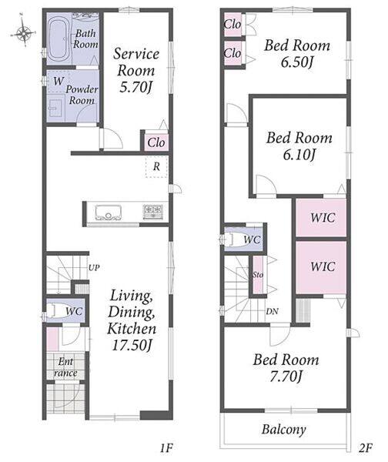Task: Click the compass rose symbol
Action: [24, 32]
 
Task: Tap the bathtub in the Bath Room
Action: [59, 38]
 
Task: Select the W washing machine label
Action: [59, 81]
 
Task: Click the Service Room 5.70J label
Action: [135, 70]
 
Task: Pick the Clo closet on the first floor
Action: [156, 142]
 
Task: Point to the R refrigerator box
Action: [156, 167]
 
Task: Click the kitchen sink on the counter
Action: [108, 213]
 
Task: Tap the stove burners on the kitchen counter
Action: [153, 212]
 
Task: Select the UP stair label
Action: [94, 267]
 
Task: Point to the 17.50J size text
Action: [132, 344]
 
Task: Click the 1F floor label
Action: [166, 448]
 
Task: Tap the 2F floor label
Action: [365, 448]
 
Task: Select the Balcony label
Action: [284, 430]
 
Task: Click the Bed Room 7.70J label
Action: [286, 368]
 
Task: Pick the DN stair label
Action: [272, 311]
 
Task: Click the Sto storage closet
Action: [258, 275]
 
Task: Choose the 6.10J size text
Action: [299, 155]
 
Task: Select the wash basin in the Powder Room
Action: [55, 107]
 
